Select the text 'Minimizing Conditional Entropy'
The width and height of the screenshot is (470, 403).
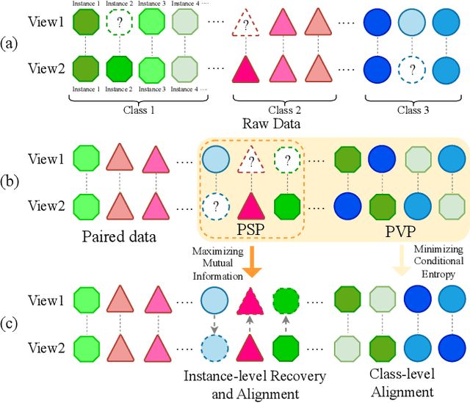click(438, 261)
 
